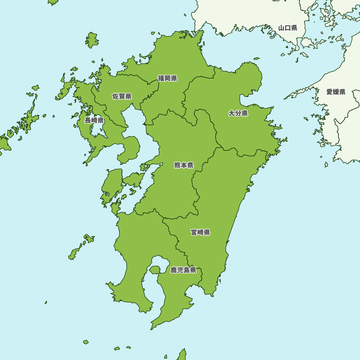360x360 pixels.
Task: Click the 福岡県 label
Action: click(x=167, y=78)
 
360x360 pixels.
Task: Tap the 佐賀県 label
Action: click(x=122, y=96)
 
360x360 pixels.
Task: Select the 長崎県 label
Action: click(x=94, y=120)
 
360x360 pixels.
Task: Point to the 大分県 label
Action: click(x=238, y=114)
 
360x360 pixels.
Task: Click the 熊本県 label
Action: click(x=184, y=165)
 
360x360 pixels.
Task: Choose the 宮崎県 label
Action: click(x=200, y=232)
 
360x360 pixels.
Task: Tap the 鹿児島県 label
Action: click(x=183, y=270)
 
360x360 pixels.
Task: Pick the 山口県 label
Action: click(x=288, y=28)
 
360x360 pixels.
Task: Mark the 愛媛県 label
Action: click(x=336, y=92)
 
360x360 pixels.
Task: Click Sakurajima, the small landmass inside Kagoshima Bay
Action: click(x=155, y=270)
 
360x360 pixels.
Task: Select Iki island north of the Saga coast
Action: click(x=92, y=40)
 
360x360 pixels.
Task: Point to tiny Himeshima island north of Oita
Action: click(x=256, y=58)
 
